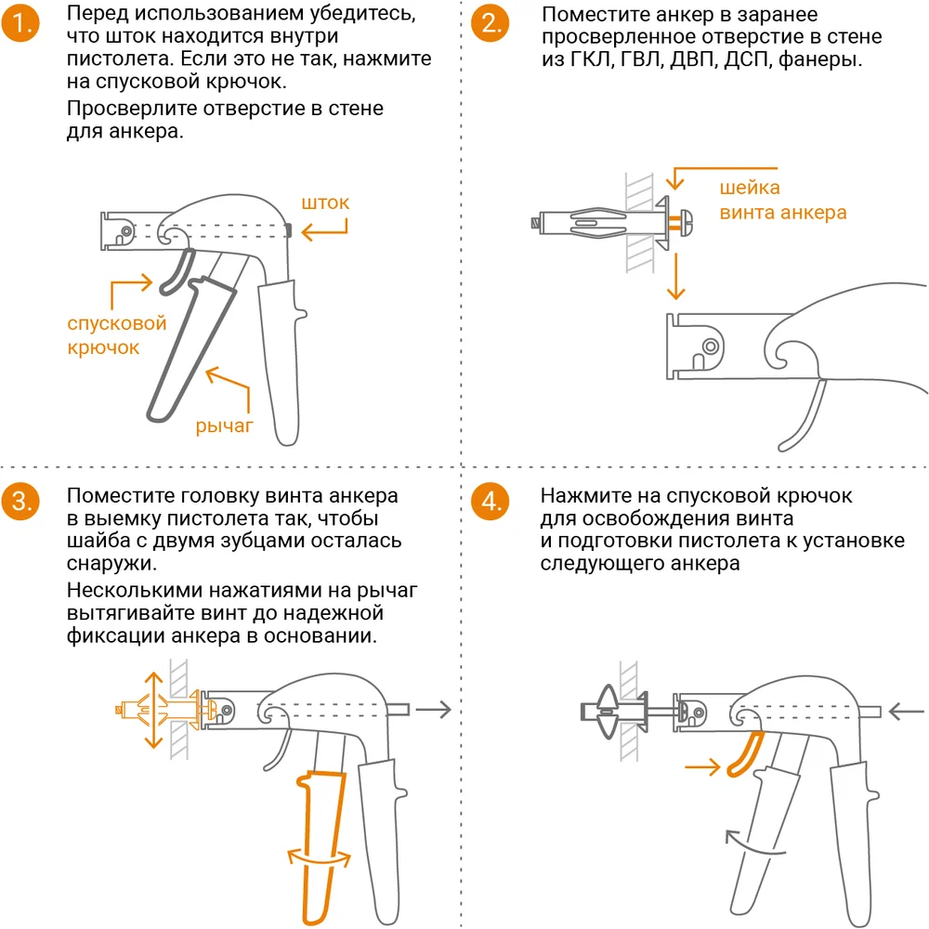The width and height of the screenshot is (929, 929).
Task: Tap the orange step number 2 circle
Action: pyautogui.click(x=491, y=25)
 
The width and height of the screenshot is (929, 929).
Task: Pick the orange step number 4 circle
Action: pyautogui.click(x=491, y=503)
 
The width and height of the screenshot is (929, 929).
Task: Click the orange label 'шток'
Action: pyautogui.click(x=325, y=203)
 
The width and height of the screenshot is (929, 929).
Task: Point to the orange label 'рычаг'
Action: pyautogui.click(x=225, y=426)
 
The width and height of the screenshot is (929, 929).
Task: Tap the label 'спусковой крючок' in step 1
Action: pyautogui.click(x=116, y=335)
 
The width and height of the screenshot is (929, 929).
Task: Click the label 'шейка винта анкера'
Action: pyautogui.click(x=783, y=201)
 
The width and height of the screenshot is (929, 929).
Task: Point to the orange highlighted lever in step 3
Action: pyautogui.click(x=321, y=836)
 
